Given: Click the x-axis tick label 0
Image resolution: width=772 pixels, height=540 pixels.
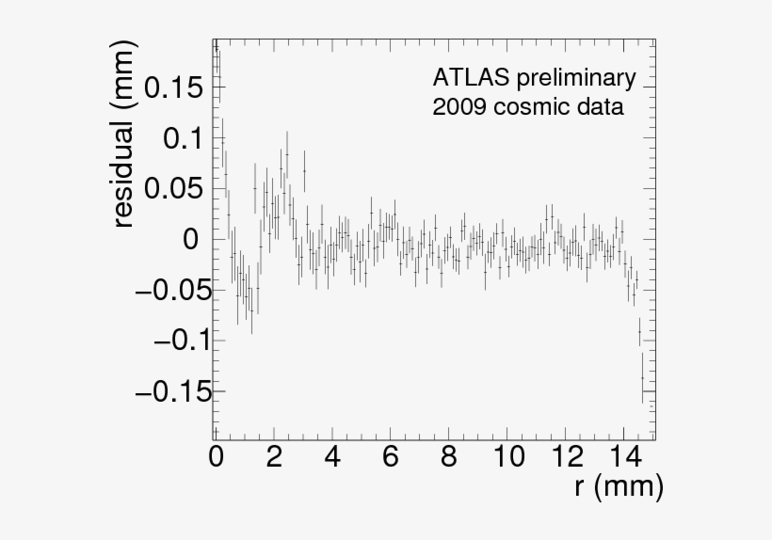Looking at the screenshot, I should tap(216, 458).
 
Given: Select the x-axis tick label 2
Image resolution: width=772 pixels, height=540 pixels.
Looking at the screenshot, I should tap(274, 458).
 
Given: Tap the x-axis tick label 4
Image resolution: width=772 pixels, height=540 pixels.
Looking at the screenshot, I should tap(332, 458).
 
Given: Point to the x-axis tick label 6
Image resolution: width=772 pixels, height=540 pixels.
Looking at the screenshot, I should tap(391, 458).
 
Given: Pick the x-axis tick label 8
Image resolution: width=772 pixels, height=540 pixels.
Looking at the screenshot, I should tap(449, 458).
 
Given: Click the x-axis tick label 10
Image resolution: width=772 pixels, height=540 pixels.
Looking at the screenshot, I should tap(507, 458).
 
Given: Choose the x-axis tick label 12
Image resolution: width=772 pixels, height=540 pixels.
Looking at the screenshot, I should tap(566, 458).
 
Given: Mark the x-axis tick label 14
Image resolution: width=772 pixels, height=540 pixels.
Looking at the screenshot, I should tap(624, 458).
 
